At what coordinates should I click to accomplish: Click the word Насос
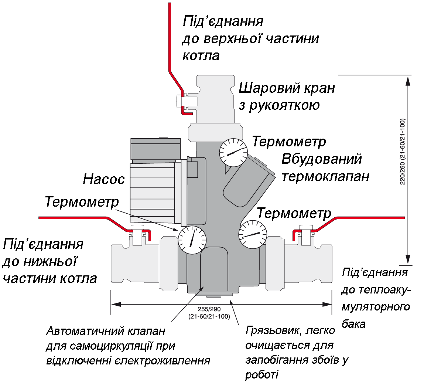tap(103, 179)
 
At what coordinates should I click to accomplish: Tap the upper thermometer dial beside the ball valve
tap(233, 153)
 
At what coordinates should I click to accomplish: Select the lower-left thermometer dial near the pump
tap(192, 240)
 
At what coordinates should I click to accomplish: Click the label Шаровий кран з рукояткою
tap(287, 96)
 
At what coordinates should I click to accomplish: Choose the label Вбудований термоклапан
tap(325, 167)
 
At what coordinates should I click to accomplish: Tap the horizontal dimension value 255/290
tap(209, 309)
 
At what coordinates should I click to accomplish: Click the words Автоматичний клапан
tap(106, 331)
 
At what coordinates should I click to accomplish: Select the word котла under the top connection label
tap(201, 56)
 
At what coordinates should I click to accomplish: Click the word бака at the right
tap(353, 324)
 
